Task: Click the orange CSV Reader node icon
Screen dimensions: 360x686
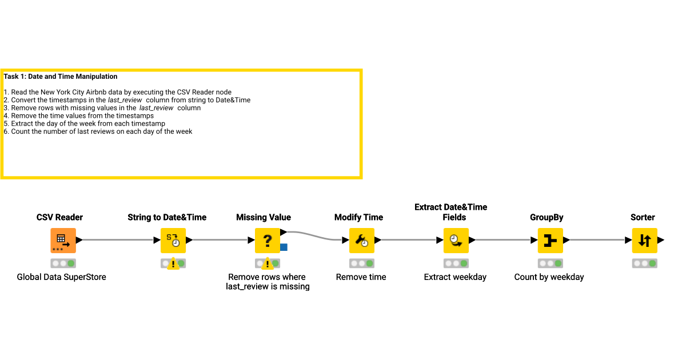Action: point(63,241)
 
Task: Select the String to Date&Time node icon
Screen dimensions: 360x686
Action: point(173,241)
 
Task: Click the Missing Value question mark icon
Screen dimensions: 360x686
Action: point(267,241)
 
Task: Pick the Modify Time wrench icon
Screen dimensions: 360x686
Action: point(362,241)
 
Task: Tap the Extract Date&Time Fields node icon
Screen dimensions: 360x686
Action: point(456,241)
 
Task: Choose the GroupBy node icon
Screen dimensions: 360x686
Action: point(550,241)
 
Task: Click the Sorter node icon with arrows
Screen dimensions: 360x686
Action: point(644,241)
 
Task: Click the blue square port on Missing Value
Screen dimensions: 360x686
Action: point(284,247)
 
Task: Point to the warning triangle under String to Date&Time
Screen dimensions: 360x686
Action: point(173,264)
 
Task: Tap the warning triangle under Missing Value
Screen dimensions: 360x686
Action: point(267,264)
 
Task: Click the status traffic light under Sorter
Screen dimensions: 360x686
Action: point(644,263)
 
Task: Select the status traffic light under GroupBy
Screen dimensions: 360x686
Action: point(550,263)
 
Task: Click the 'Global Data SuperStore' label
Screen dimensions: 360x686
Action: point(61,277)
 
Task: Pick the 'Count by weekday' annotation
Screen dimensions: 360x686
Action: point(549,277)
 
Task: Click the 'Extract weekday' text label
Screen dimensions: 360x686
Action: point(455,277)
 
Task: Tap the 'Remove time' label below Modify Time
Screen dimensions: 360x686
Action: point(361,277)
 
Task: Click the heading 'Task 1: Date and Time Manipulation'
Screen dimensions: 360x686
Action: point(61,77)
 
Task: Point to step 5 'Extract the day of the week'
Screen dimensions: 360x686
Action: point(86,123)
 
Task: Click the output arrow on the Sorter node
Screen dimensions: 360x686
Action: point(661,241)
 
